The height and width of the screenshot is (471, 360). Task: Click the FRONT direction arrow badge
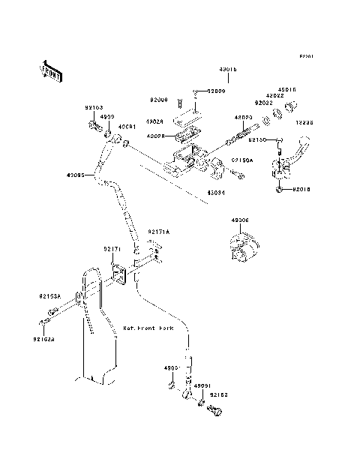[x=50, y=70]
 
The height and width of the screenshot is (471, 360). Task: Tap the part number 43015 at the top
[x=228, y=68]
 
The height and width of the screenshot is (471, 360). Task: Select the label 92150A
[x=241, y=160]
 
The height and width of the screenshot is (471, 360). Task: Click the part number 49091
[x=202, y=385]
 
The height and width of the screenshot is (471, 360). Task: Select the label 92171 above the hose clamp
[x=112, y=248]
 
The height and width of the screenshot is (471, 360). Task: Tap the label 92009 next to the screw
[x=215, y=91]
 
